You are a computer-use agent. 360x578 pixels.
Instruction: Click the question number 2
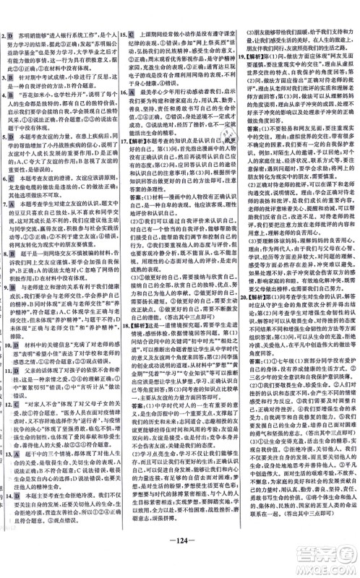[4, 34]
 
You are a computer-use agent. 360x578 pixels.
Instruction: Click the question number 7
[4, 245]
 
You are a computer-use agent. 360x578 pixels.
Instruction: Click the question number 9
[4, 366]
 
